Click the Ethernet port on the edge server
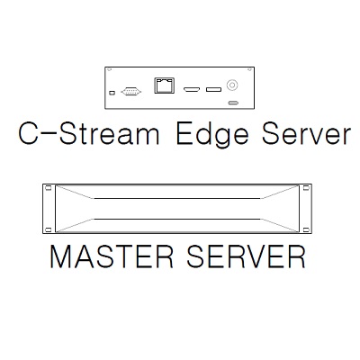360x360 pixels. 165,85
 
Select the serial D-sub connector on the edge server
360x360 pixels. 131,92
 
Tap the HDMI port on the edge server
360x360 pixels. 192,89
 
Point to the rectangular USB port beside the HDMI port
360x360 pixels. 213,89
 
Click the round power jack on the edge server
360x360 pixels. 232,85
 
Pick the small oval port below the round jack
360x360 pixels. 233,103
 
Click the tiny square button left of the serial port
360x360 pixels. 112,93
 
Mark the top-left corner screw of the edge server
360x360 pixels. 109,70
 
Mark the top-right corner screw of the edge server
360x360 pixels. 249,70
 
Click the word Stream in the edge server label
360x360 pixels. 109,134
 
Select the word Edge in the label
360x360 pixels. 212,136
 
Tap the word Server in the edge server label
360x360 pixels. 306,134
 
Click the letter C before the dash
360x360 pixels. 29,134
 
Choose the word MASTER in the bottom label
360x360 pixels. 112,256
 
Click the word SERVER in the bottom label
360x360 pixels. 246,256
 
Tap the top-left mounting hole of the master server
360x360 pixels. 48,188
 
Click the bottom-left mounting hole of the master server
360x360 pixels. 48,229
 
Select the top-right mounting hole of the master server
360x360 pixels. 306,188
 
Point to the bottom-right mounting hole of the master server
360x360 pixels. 306,229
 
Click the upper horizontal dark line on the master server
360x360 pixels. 177,198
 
